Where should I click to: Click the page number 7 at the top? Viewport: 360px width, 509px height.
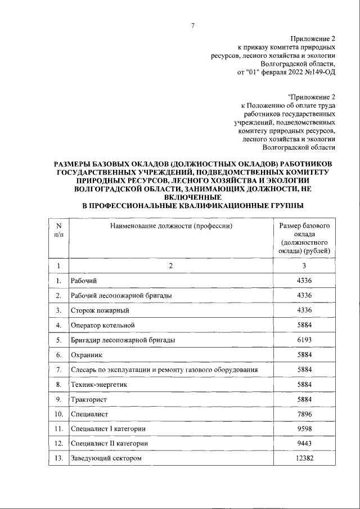click(192, 26)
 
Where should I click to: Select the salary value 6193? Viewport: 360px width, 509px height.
click(304, 340)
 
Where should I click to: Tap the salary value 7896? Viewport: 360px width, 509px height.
click(304, 414)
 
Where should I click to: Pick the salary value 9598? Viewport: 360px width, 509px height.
click(304, 429)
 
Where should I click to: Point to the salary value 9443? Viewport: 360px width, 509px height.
click(304, 444)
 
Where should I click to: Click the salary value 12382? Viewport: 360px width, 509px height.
click(304, 458)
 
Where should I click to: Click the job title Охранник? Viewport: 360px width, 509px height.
click(85, 355)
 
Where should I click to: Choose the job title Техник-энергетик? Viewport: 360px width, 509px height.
click(99, 385)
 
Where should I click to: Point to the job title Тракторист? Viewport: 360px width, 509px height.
click(88, 399)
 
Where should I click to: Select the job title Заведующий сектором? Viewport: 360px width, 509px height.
click(105, 458)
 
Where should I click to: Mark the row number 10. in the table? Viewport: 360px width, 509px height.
click(58, 414)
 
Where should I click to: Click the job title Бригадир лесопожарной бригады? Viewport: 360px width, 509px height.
click(122, 340)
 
